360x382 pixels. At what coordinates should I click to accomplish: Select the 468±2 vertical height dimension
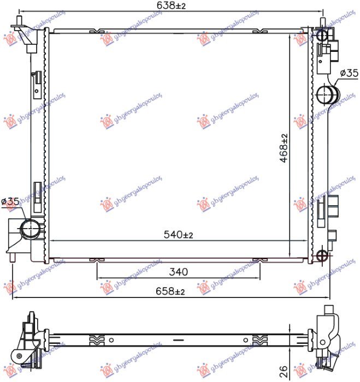285,147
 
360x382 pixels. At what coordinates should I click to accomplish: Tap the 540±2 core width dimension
179,235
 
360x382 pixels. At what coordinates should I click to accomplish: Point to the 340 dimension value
179,271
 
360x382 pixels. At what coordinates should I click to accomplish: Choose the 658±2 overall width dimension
171,291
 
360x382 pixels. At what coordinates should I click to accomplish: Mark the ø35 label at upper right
348,73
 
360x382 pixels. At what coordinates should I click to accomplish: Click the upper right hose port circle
327,95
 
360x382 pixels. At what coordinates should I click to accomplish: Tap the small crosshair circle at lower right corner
322,254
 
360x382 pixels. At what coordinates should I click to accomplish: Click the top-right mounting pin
322,24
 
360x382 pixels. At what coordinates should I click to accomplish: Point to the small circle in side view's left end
20,357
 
